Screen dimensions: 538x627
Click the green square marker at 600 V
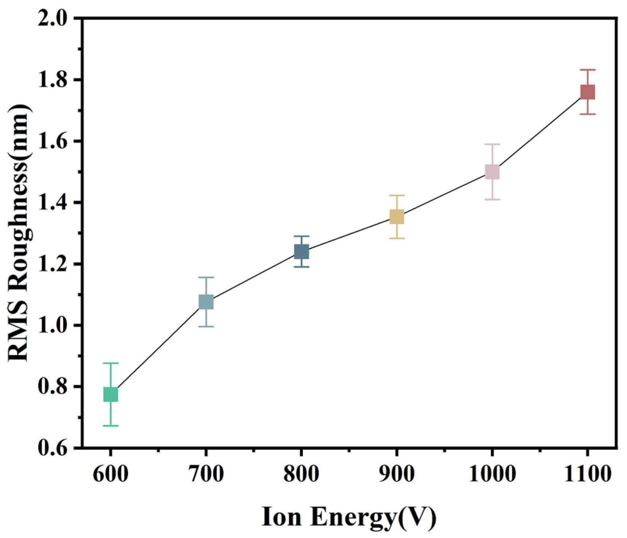(x=110, y=394)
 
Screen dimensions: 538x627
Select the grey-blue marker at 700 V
(x=206, y=302)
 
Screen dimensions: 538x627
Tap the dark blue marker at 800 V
(x=301, y=251)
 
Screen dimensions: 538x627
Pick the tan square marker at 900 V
(x=397, y=217)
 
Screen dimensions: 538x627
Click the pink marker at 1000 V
(x=492, y=172)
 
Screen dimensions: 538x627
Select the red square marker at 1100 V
(x=588, y=92)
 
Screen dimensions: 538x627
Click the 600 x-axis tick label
(x=110, y=475)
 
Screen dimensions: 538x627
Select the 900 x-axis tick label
(x=397, y=475)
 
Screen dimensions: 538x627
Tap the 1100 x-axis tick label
(x=587, y=475)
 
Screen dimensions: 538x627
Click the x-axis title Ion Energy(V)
(x=349, y=517)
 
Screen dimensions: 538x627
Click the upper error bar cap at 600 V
(x=110, y=363)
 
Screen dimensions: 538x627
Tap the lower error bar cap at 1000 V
(x=492, y=200)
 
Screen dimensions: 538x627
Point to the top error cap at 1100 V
(x=588, y=70)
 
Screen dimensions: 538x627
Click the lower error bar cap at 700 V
(x=206, y=326)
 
